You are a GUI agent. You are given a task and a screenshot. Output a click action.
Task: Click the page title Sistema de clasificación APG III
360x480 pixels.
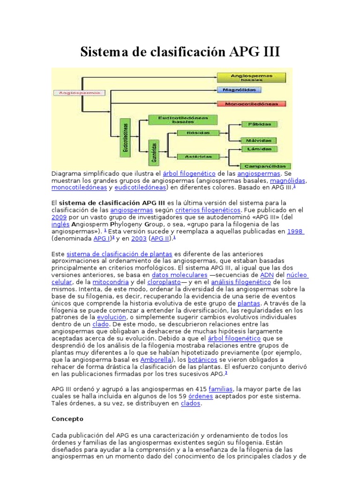(180, 52)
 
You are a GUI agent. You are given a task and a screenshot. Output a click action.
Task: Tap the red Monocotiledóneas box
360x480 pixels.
(251, 104)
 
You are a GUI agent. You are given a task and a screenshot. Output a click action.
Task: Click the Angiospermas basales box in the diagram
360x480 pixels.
(252, 77)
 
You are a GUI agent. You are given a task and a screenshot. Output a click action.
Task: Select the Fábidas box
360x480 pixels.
(262, 125)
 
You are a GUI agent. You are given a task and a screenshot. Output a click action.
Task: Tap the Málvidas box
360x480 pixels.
(262, 140)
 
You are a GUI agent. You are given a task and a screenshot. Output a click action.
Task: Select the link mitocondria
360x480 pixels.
(110, 282)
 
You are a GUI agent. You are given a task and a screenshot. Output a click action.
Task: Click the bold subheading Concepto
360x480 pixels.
(67, 419)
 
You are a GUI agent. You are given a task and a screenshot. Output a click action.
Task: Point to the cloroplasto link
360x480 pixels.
(164, 282)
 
